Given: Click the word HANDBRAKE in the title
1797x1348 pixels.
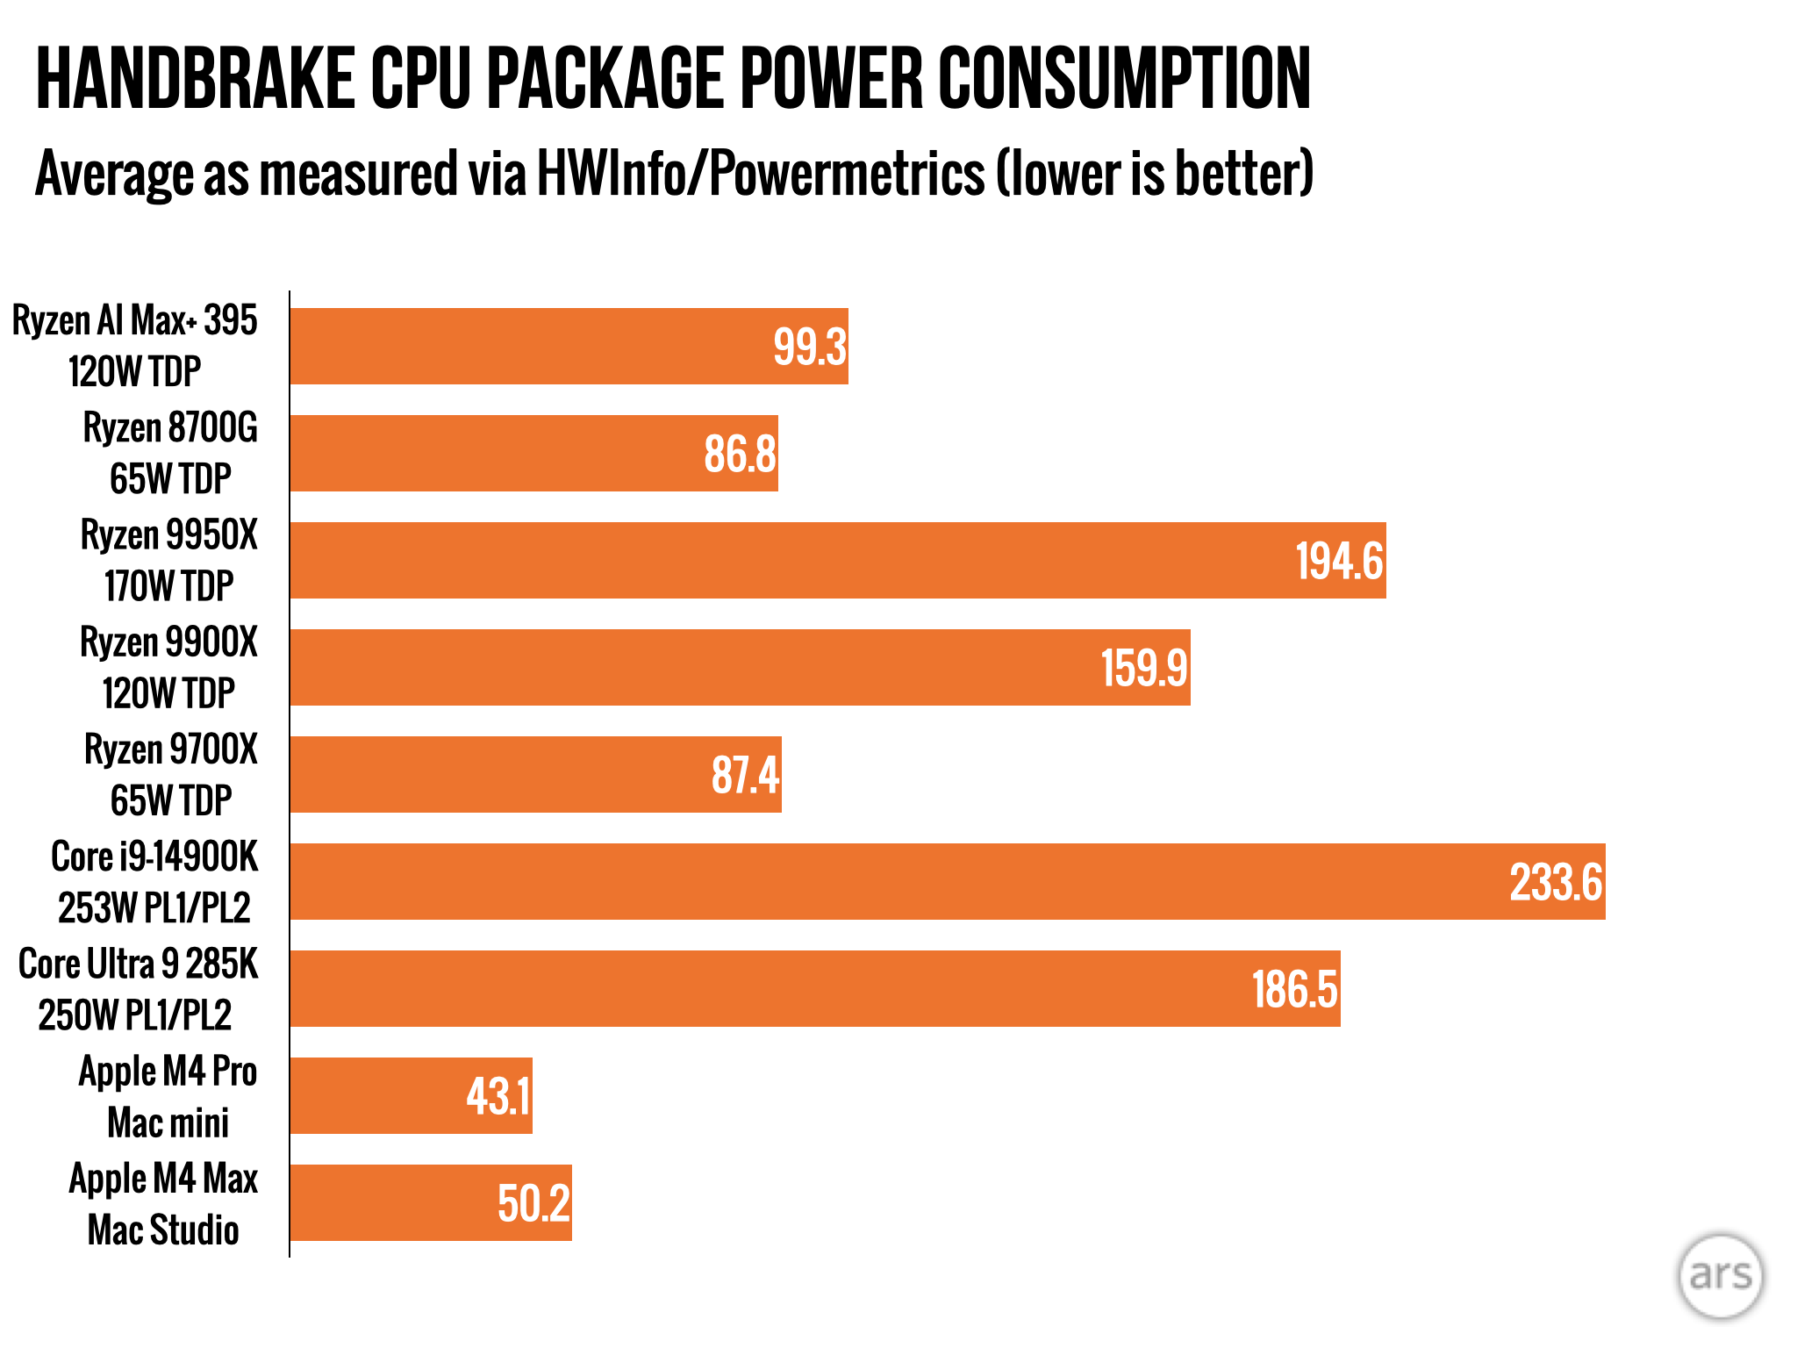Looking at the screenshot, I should coord(194,80).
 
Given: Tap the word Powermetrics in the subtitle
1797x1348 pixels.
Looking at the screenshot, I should coord(847,174).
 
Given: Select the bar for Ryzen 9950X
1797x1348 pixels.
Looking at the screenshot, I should coord(790,561).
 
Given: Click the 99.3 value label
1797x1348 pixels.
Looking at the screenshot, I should coord(809,347).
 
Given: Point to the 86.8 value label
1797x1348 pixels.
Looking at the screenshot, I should coord(740,454).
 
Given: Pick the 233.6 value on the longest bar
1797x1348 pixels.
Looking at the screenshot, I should coord(1555,882).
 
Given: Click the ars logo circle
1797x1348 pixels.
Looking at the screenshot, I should coord(1720,1275).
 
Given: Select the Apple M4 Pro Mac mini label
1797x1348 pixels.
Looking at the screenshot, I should coord(168,1096).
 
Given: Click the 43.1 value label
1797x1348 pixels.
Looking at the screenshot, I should coord(498,1096).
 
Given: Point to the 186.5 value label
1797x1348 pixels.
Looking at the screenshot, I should coord(1293,989).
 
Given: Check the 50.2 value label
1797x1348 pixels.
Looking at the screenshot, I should coord(533,1203).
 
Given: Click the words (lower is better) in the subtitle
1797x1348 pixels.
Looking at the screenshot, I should coord(1154,174).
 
